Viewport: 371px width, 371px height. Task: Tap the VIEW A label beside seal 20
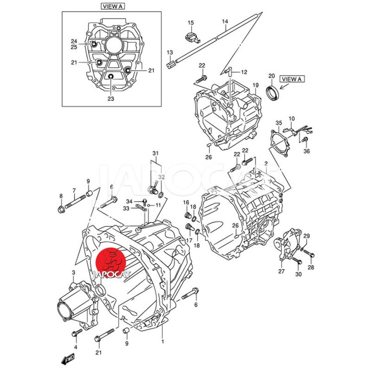click(x=292, y=79)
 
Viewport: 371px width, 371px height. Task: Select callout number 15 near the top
click(x=191, y=23)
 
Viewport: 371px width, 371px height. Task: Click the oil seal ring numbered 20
click(x=272, y=91)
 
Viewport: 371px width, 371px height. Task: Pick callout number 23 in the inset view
click(x=110, y=98)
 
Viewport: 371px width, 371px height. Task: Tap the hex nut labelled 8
click(x=61, y=210)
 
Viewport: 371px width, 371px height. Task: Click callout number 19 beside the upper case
click(x=255, y=85)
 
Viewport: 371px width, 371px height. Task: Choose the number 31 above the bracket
click(x=155, y=154)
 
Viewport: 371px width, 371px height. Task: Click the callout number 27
click(x=281, y=271)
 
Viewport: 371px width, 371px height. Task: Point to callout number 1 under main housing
click(x=162, y=342)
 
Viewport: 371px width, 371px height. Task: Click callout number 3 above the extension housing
click(x=73, y=272)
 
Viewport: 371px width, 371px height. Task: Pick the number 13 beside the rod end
click(x=169, y=52)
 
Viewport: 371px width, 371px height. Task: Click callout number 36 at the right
click(x=306, y=151)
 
